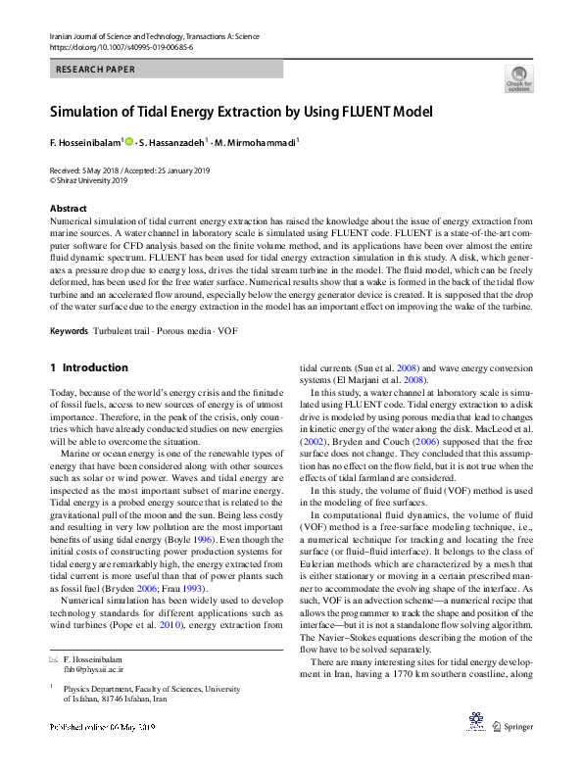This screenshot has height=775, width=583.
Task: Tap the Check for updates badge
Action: (x=518, y=78)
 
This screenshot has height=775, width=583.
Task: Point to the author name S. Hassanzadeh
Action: (x=172, y=143)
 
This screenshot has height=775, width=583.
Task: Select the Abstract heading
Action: (x=69, y=209)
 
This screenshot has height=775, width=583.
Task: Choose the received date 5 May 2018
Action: (x=103, y=170)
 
